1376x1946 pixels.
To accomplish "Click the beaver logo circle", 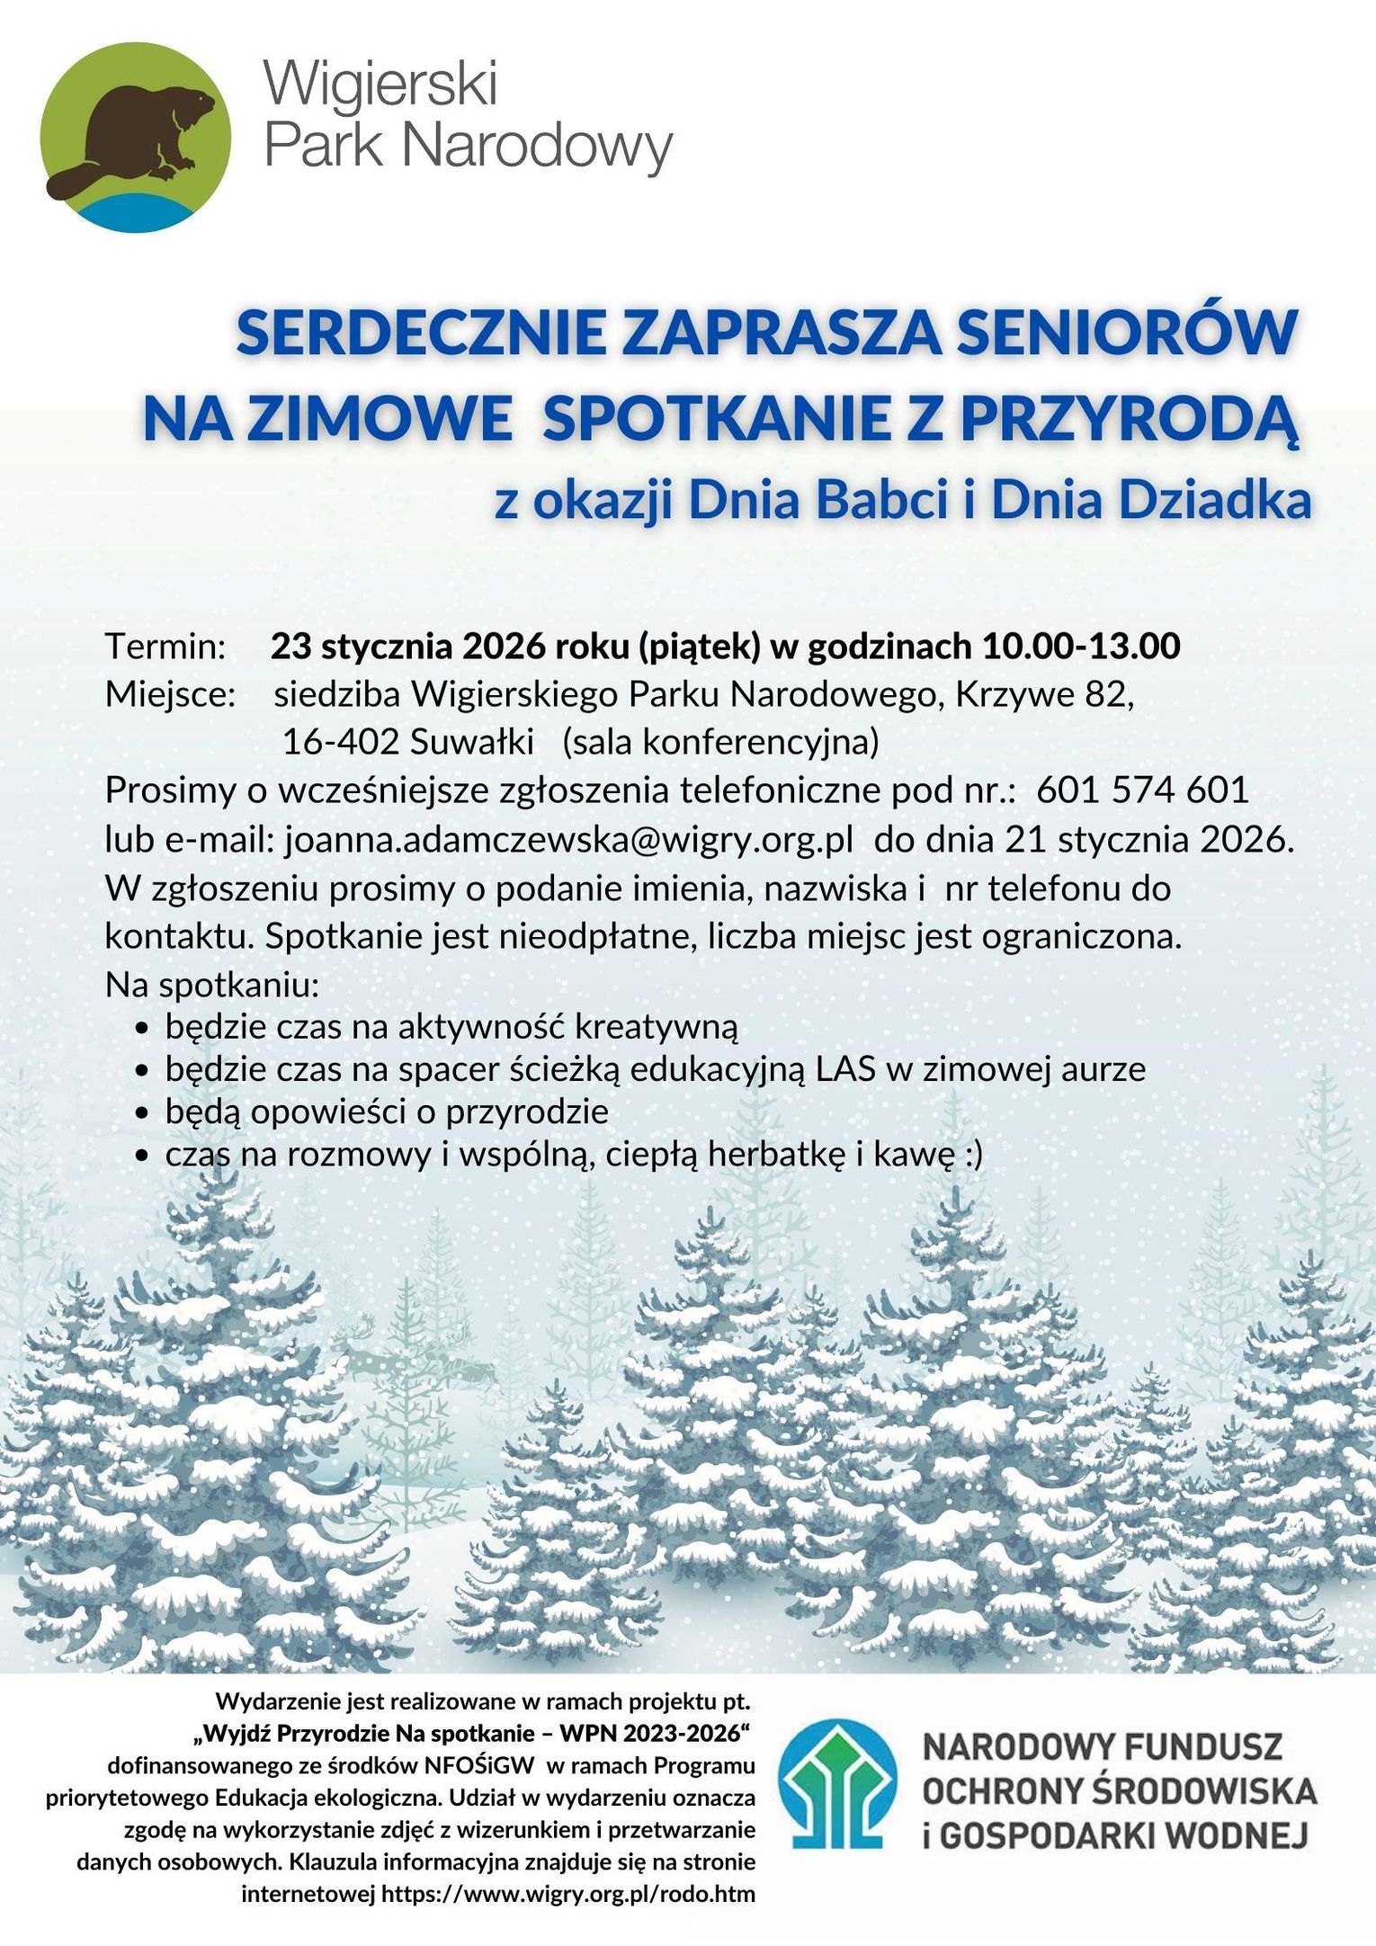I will tap(137, 138).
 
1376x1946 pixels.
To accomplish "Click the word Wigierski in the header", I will tap(380, 87).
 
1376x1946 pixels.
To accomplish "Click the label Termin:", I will tap(165, 647).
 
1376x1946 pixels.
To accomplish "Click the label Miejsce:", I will tap(170, 694).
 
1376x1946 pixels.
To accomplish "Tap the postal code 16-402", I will tap(341, 742).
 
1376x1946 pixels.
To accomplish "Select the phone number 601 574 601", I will tap(1142, 790).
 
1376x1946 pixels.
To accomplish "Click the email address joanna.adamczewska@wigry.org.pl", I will tap(569, 839).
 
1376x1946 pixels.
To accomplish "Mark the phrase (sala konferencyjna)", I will tap(720, 742).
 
